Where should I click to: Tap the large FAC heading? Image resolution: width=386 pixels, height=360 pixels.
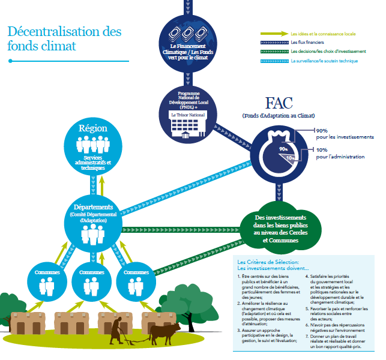point(279,103)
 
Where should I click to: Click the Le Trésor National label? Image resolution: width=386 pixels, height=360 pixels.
point(188,114)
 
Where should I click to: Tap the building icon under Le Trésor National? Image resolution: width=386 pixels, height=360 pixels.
point(188,130)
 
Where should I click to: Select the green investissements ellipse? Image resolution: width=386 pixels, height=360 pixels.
point(280,228)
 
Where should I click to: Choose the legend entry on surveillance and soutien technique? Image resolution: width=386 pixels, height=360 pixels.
point(324,61)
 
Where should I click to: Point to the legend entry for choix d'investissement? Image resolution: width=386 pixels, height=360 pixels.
point(325,52)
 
